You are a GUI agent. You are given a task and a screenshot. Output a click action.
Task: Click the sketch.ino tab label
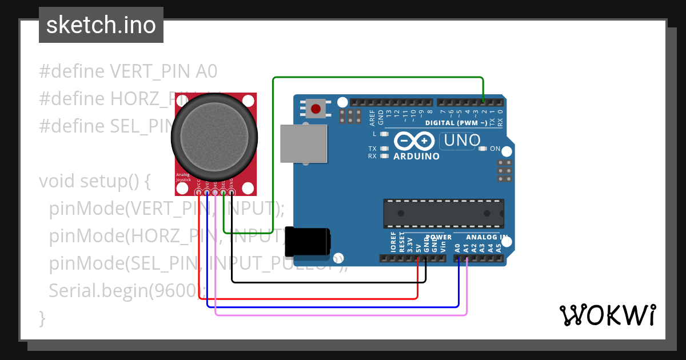pos(101,26)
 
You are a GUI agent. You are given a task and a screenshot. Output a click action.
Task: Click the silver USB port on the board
pos(305,143)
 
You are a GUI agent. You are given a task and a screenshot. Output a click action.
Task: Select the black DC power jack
pos(308,241)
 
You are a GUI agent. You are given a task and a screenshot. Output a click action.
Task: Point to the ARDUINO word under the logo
pos(417,156)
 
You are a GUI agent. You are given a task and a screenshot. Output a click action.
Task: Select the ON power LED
pos(482,149)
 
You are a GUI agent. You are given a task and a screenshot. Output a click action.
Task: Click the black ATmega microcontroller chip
pos(443,213)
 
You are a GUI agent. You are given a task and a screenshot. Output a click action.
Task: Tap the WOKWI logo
pos(607,315)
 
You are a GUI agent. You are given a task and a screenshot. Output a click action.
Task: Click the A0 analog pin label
pos(457,248)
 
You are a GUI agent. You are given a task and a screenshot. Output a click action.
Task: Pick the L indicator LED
pos(385,134)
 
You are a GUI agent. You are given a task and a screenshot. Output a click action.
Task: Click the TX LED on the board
pos(385,149)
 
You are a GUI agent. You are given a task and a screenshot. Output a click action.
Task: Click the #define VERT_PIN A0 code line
pos(128,71)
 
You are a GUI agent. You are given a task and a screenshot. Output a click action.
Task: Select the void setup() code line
pos(94,181)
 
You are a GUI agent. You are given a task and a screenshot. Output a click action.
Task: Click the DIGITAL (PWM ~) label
pos(456,123)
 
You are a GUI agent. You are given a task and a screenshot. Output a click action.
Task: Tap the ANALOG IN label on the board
pos(486,237)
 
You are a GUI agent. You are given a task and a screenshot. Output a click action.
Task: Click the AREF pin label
pos(373,117)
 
